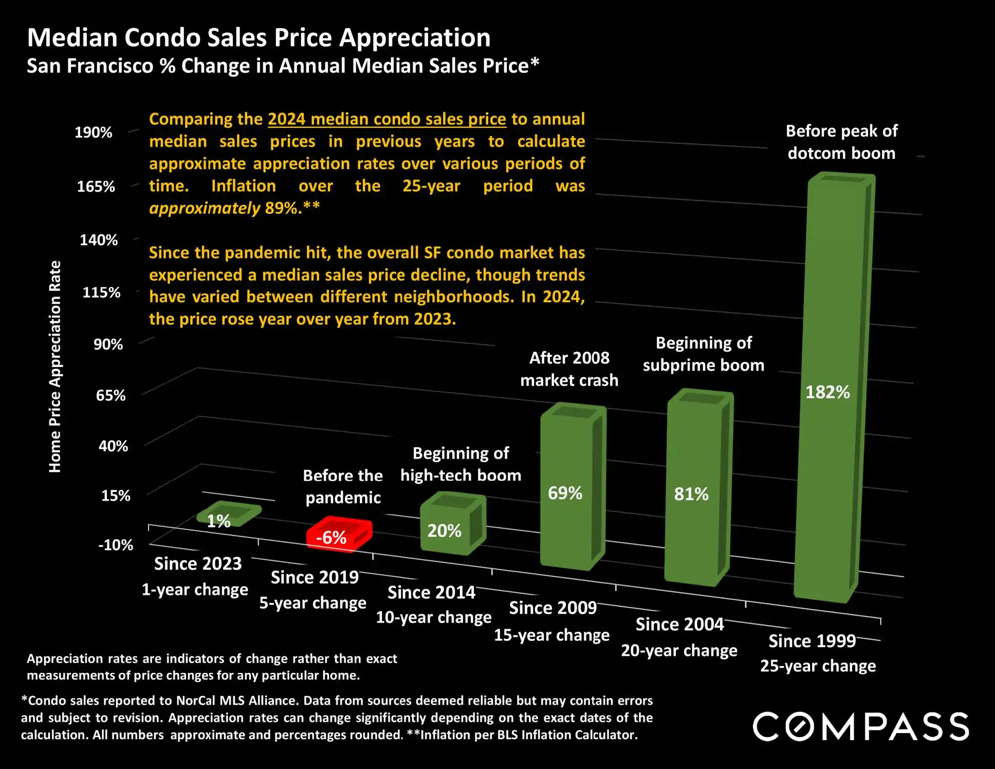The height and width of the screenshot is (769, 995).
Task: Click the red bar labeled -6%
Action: click(339, 535)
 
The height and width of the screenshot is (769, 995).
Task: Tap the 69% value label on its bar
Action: click(565, 493)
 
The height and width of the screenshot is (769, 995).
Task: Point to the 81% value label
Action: click(691, 494)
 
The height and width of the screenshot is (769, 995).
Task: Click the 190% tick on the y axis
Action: click(94, 133)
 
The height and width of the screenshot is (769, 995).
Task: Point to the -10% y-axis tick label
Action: click(116, 545)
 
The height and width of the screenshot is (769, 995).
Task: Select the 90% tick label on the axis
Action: click(108, 344)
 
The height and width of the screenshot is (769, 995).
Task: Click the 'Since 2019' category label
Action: click(315, 577)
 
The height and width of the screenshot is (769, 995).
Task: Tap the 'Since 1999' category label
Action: click(812, 641)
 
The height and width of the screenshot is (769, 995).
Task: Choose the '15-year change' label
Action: click(551, 635)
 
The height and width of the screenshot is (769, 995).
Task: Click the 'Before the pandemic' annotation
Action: click(343, 486)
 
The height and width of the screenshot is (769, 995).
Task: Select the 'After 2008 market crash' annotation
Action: click(569, 369)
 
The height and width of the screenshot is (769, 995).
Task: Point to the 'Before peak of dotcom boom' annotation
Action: click(841, 142)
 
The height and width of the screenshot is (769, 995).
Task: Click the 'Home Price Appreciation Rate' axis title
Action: click(55, 367)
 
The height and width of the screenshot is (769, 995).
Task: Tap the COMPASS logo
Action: click(861, 726)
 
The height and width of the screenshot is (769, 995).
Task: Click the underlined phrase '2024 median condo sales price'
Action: click(386, 119)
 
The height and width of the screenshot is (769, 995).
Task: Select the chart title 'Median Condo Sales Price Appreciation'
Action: click(259, 38)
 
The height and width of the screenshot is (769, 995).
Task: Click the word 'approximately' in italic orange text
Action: click(205, 208)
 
